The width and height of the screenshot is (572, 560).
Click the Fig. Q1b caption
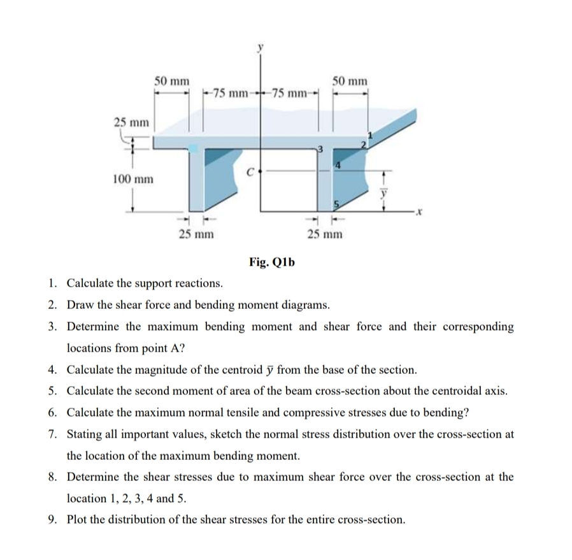click(x=272, y=262)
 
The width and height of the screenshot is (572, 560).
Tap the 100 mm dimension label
click(x=132, y=179)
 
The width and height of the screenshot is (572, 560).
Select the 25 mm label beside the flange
click(x=132, y=122)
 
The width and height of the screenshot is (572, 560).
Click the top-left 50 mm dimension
click(x=172, y=81)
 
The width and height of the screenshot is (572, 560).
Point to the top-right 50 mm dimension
click(x=350, y=81)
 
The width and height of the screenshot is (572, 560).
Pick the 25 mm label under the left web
click(x=196, y=234)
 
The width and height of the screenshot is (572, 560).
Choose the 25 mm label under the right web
click(x=324, y=234)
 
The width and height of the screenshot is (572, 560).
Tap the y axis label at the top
click(x=260, y=47)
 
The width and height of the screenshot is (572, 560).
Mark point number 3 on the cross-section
click(x=322, y=149)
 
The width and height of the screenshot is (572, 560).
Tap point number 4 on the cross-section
click(x=340, y=166)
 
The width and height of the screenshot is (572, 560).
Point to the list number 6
click(x=52, y=412)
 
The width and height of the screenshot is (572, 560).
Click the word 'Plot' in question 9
click(x=78, y=519)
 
